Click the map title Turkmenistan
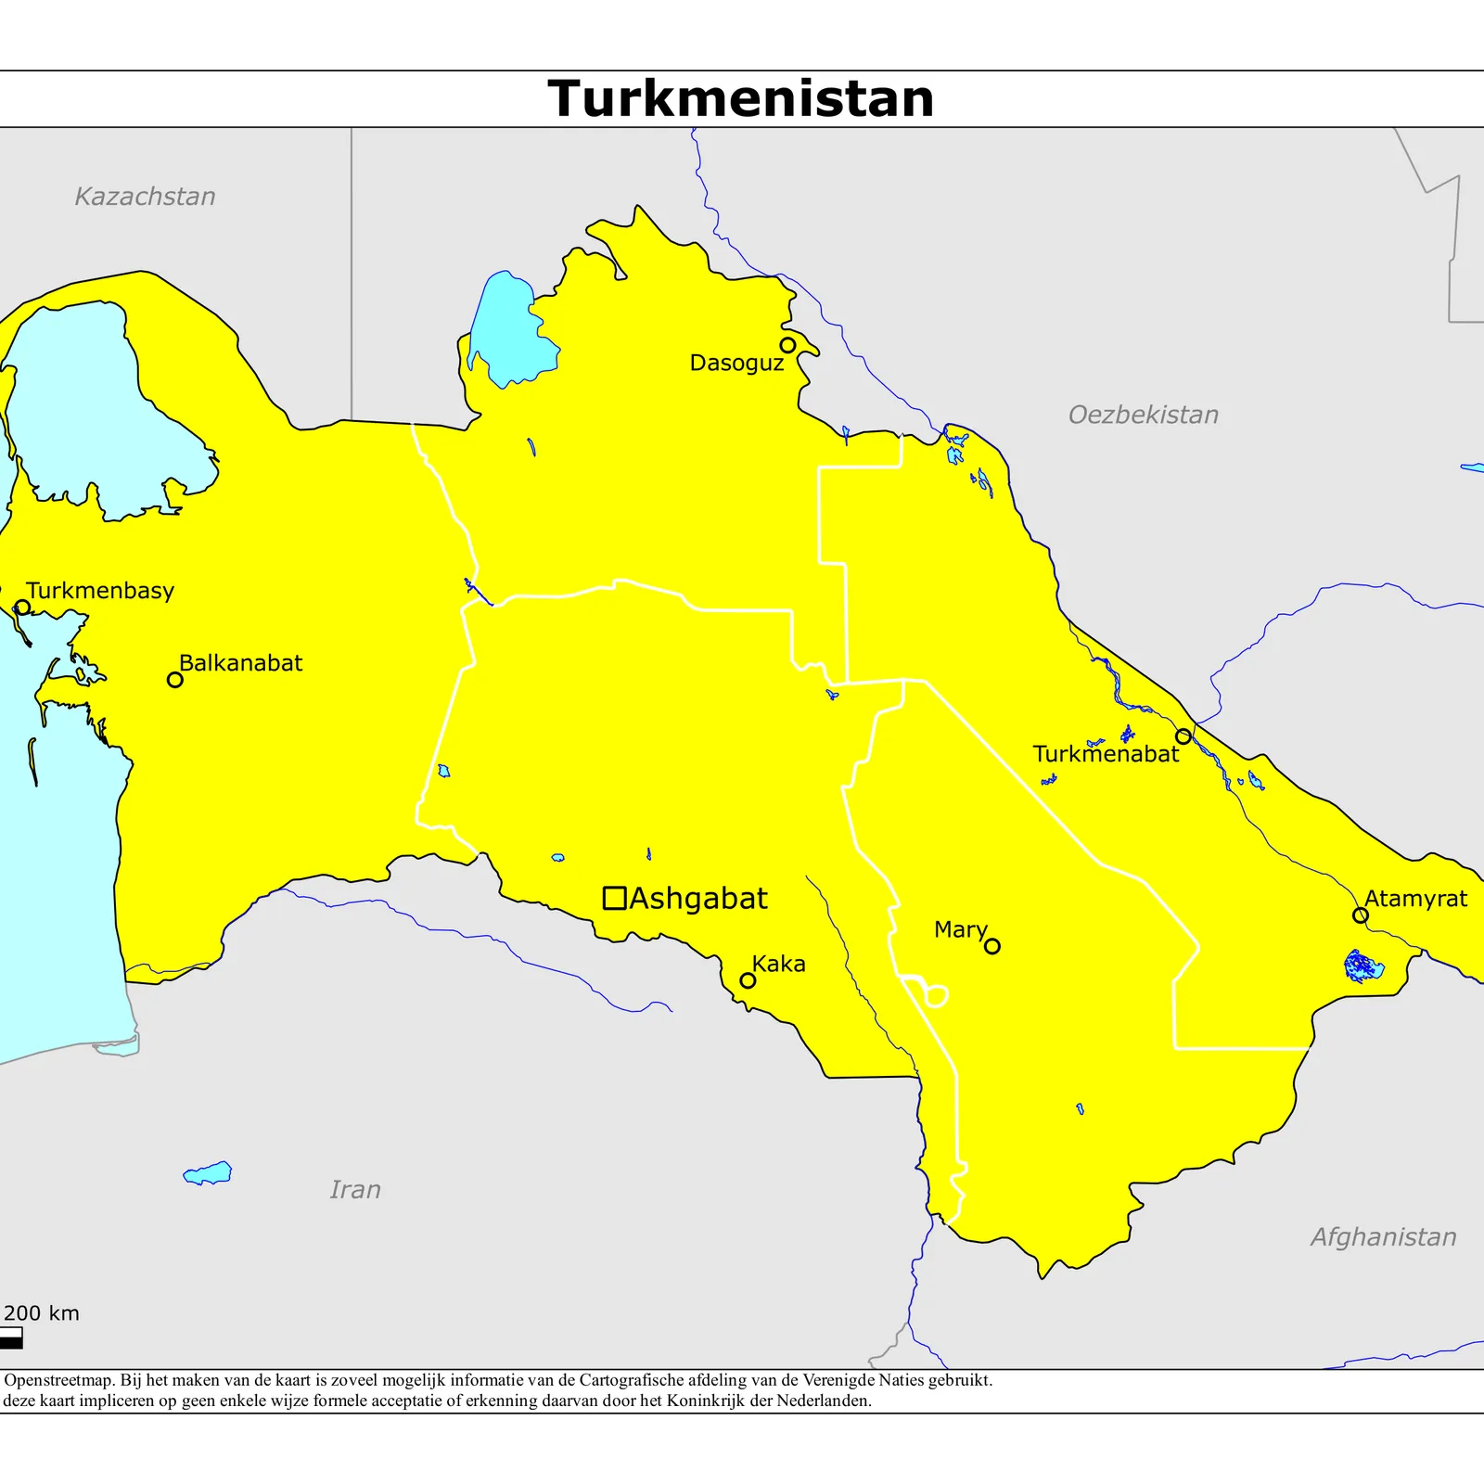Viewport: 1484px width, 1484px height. pos(740,98)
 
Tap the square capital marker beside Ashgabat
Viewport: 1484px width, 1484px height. pos(614,898)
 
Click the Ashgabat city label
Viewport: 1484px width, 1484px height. pos(698,898)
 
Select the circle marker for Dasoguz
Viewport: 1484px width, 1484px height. pos(787,345)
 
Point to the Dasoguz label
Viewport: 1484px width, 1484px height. pos(736,363)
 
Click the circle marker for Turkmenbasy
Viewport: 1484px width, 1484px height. pos(23,608)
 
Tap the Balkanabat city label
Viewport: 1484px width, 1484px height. pos(240,663)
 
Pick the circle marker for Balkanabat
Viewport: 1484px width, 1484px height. pos(174,680)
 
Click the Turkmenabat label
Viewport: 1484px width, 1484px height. pos(1106,754)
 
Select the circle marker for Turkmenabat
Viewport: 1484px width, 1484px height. pos(1183,736)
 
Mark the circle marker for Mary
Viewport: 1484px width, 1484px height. pos(992,946)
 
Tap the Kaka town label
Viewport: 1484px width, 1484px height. pos(778,964)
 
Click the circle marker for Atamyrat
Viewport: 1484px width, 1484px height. pos(1361,915)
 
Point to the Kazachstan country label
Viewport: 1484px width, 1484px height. pos(145,197)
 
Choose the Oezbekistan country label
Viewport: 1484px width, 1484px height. pos(1143,415)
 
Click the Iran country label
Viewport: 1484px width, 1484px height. pos(355,1189)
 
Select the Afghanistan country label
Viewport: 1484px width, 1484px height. pos(1383,1236)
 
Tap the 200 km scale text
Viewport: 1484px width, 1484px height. pos(42,1313)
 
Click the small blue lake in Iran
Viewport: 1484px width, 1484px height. pos(209,1173)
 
